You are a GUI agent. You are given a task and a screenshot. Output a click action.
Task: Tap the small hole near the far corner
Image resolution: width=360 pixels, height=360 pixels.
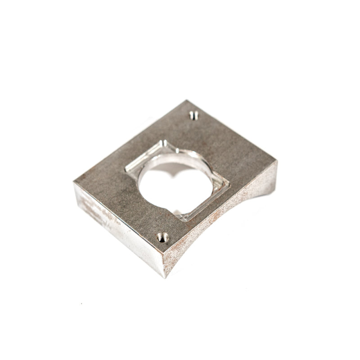coord(193,116)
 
